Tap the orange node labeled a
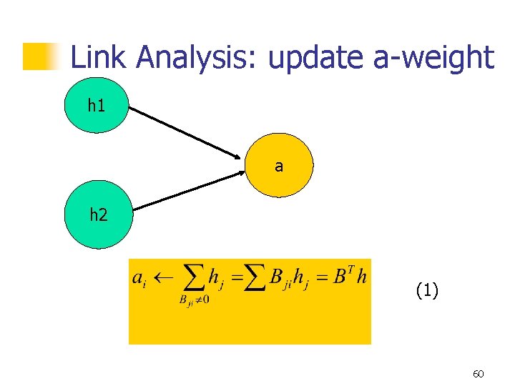pyautogui.click(x=279, y=166)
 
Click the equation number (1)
pyautogui.click(x=427, y=290)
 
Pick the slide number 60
pyautogui.click(x=479, y=374)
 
